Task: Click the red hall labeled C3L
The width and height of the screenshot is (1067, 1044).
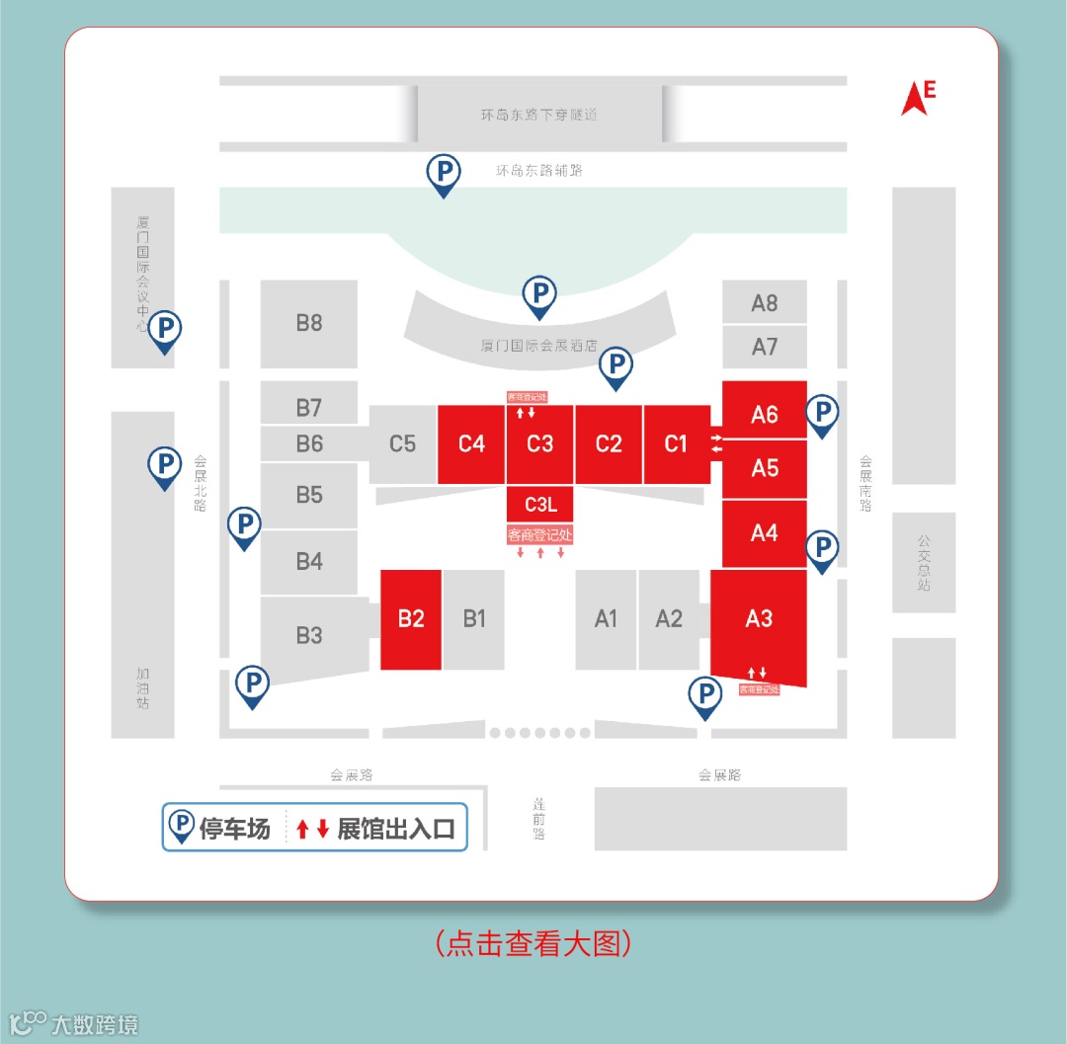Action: pyautogui.click(x=539, y=505)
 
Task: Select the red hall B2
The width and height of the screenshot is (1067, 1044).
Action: pyautogui.click(x=411, y=619)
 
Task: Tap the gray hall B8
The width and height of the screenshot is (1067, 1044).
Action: pyautogui.click(x=309, y=323)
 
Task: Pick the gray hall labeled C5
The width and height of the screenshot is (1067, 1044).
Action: pyautogui.click(x=402, y=443)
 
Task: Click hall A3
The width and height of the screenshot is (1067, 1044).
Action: pyautogui.click(x=759, y=619)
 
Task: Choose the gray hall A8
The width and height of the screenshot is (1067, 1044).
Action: pyautogui.click(x=765, y=303)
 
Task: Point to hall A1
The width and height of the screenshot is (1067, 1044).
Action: pyautogui.click(x=606, y=619)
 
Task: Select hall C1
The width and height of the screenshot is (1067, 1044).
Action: pyautogui.click(x=676, y=443)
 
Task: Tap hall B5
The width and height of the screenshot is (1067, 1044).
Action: pyautogui.click(x=309, y=495)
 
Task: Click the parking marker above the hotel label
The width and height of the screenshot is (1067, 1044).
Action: pyautogui.click(x=539, y=295)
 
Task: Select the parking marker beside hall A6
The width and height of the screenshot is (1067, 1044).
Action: pyautogui.click(x=822, y=414)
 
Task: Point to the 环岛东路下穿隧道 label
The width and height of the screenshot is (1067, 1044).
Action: pyautogui.click(x=539, y=115)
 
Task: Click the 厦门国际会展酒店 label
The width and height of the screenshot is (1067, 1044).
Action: pyautogui.click(x=539, y=347)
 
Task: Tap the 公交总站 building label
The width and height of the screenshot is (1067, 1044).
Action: pyautogui.click(x=924, y=562)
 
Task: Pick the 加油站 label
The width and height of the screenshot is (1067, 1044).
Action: pyautogui.click(x=143, y=688)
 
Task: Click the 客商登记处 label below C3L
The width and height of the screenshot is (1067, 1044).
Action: pyautogui.click(x=539, y=535)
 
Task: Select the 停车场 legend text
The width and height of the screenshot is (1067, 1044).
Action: pyautogui.click(x=235, y=829)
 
